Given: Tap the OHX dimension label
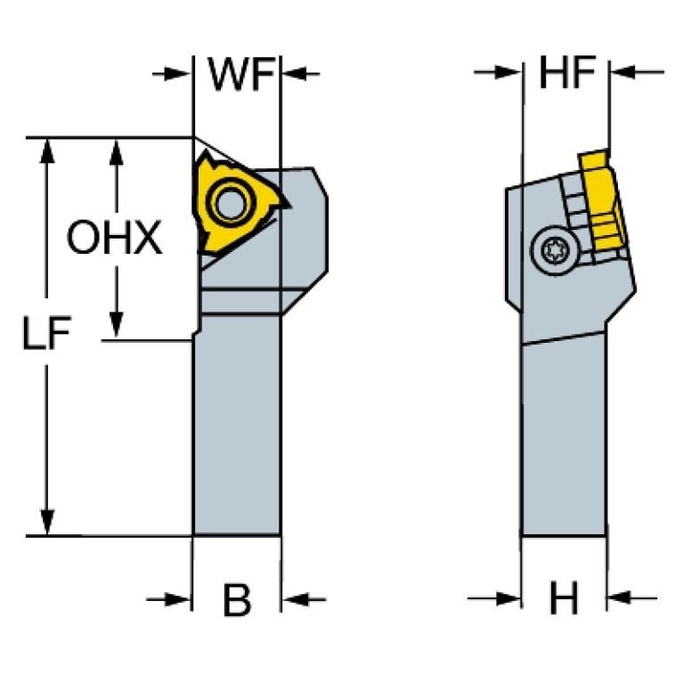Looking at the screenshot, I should click(115, 239).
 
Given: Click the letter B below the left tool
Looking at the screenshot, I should click(237, 601).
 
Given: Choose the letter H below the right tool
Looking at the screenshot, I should click(564, 600).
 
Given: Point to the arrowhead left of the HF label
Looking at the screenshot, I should click(509, 73).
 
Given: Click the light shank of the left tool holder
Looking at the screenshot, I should click(237, 427).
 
